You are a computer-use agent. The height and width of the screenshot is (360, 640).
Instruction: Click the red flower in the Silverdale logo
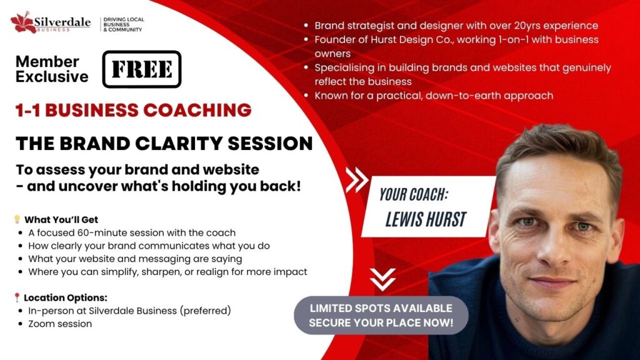click(x=23, y=22)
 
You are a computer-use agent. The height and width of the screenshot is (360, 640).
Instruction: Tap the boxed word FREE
click(x=142, y=69)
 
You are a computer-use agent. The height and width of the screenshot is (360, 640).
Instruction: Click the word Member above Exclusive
click(x=47, y=62)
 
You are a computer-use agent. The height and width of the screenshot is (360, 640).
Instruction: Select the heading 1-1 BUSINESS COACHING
click(x=134, y=110)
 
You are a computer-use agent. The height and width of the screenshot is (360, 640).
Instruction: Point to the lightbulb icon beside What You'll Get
click(x=17, y=219)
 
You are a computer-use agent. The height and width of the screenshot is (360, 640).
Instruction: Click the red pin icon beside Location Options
click(x=17, y=297)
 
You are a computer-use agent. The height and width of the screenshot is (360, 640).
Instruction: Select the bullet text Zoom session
click(x=60, y=324)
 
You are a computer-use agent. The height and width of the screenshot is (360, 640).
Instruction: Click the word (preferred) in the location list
click(x=205, y=311)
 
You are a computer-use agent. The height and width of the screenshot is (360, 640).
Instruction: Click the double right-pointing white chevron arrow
click(x=357, y=180)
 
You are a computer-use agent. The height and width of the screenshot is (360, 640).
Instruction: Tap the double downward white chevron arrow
click(x=383, y=279)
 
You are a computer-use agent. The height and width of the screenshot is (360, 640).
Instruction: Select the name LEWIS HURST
click(x=426, y=219)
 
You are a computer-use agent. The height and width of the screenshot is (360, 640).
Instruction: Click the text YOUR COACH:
click(x=414, y=195)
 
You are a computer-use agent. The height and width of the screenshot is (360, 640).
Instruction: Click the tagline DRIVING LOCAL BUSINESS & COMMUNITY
click(x=123, y=24)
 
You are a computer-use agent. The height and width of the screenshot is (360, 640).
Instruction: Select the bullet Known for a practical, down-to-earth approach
click(x=434, y=96)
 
